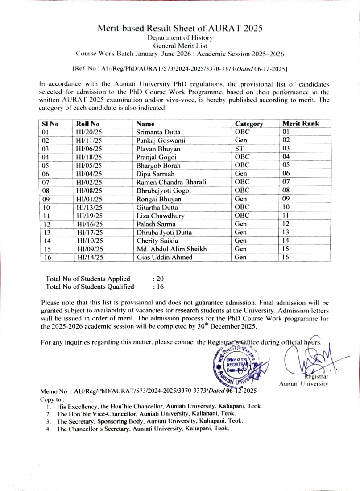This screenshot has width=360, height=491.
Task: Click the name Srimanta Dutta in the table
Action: pyautogui.click(x=157, y=132)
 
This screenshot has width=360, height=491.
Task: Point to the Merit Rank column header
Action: pyautogui.click(x=301, y=124)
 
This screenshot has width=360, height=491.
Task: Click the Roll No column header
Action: pyautogui.click(x=88, y=124)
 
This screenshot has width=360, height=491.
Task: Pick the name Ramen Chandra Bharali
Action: pyautogui.click(x=171, y=182)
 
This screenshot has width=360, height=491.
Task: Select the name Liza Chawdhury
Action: pyautogui.click(x=160, y=216)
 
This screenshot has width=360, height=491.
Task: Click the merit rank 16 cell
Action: pyautogui.click(x=286, y=257)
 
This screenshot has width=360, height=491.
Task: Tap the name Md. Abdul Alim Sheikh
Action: pyautogui.click(x=171, y=249)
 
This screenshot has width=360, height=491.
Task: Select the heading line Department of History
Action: pyautogui.click(x=180, y=38)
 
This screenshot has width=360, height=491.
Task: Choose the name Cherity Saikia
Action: pyautogui.click(x=157, y=241)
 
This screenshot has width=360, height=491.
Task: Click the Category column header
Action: pyautogui.click(x=249, y=124)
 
